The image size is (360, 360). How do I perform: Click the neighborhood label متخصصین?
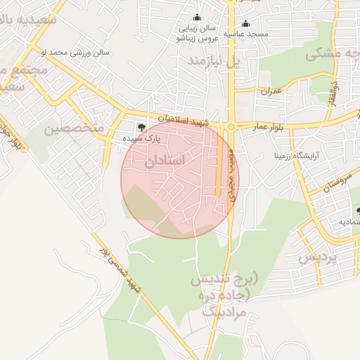(x=74, y=129)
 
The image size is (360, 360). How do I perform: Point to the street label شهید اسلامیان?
(x=181, y=121)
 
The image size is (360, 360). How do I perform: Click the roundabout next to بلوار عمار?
(x=231, y=127)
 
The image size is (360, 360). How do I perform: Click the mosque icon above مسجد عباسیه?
(x=245, y=22)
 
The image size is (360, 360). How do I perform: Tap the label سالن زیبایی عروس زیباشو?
(x=196, y=34)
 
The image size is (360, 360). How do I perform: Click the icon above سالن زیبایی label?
(x=196, y=18)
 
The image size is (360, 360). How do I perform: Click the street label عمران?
(x=271, y=91)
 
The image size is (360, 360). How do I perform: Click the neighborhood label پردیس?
(x=318, y=257)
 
